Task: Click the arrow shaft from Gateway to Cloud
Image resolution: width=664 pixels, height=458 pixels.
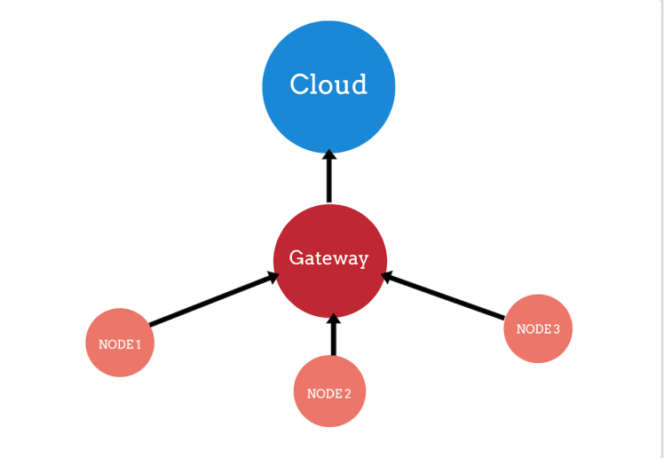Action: pyautogui.click(x=329, y=182)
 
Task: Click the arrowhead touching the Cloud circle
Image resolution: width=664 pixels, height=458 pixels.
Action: pyautogui.click(x=329, y=155)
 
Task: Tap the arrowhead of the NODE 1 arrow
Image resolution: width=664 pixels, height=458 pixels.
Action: pyautogui.click(x=273, y=279)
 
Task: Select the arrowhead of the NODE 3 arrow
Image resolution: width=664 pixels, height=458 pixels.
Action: pyautogui.click(x=386, y=277)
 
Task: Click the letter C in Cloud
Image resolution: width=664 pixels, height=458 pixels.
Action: pyautogui.click(x=301, y=84)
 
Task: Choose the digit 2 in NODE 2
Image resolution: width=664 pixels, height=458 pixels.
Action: pyautogui.click(x=347, y=393)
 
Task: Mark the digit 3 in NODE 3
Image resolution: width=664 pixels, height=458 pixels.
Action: pyautogui.click(x=556, y=328)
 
